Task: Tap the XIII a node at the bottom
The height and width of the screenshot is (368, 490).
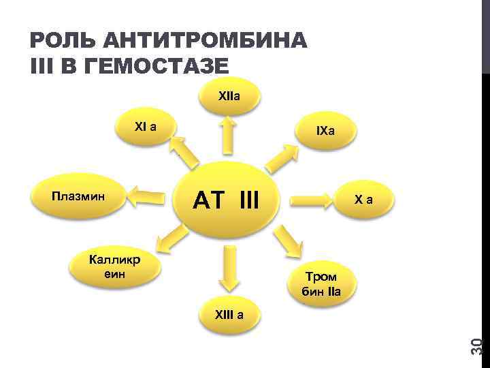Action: [229, 314]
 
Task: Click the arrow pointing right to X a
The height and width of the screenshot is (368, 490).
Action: [311, 201]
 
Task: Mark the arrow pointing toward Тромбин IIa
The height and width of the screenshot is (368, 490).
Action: [289, 242]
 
